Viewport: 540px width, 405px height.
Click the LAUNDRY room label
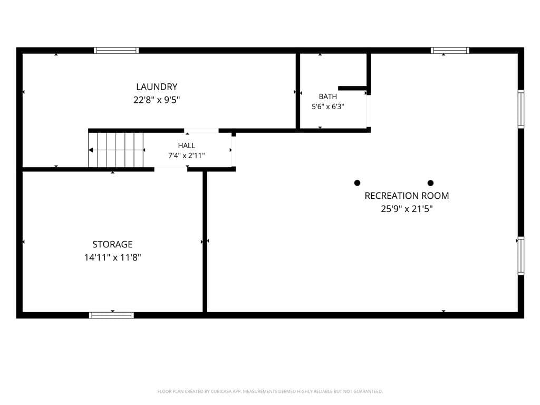click(x=157, y=87)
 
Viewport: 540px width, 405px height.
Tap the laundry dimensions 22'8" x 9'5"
click(x=157, y=100)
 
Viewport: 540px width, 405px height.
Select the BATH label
click(x=328, y=97)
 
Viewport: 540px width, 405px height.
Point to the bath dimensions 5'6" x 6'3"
click(x=328, y=107)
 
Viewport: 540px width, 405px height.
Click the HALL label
click(x=187, y=146)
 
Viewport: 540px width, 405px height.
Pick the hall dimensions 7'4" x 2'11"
click(x=187, y=156)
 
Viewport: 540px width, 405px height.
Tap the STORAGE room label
click(x=113, y=244)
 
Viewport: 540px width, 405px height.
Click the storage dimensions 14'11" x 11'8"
click(x=113, y=257)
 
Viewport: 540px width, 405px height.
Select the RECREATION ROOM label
click(x=407, y=196)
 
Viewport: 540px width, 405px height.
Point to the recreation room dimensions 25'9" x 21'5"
click(x=407, y=209)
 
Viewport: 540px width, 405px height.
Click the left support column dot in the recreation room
click(x=358, y=183)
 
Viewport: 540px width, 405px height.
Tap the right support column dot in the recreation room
click(x=430, y=183)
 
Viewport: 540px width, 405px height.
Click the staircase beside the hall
click(x=115, y=150)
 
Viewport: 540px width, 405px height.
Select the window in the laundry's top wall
click(x=117, y=50)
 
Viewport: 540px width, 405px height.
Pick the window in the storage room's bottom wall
click(x=112, y=315)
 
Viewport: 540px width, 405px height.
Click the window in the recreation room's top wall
click(x=450, y=50)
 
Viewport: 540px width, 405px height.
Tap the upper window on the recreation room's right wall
click(x=521, y=109)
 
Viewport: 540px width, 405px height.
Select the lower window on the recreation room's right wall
click(x=521, y=256)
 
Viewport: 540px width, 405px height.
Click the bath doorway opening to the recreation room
click(x=369, y=111)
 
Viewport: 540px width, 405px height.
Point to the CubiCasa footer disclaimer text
click(x=270, y=391)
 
